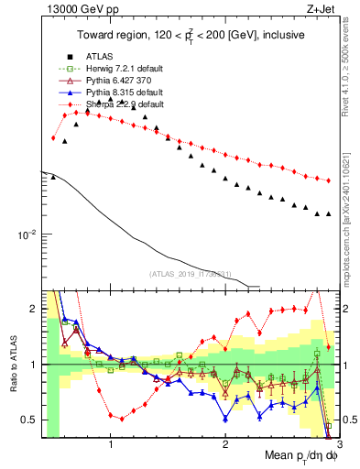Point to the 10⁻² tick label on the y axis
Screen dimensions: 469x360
point(26,234)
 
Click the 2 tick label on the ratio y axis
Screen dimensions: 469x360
point(32,309)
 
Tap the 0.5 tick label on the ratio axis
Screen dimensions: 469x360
point(27,420)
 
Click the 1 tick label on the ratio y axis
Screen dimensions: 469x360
point(32,365)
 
